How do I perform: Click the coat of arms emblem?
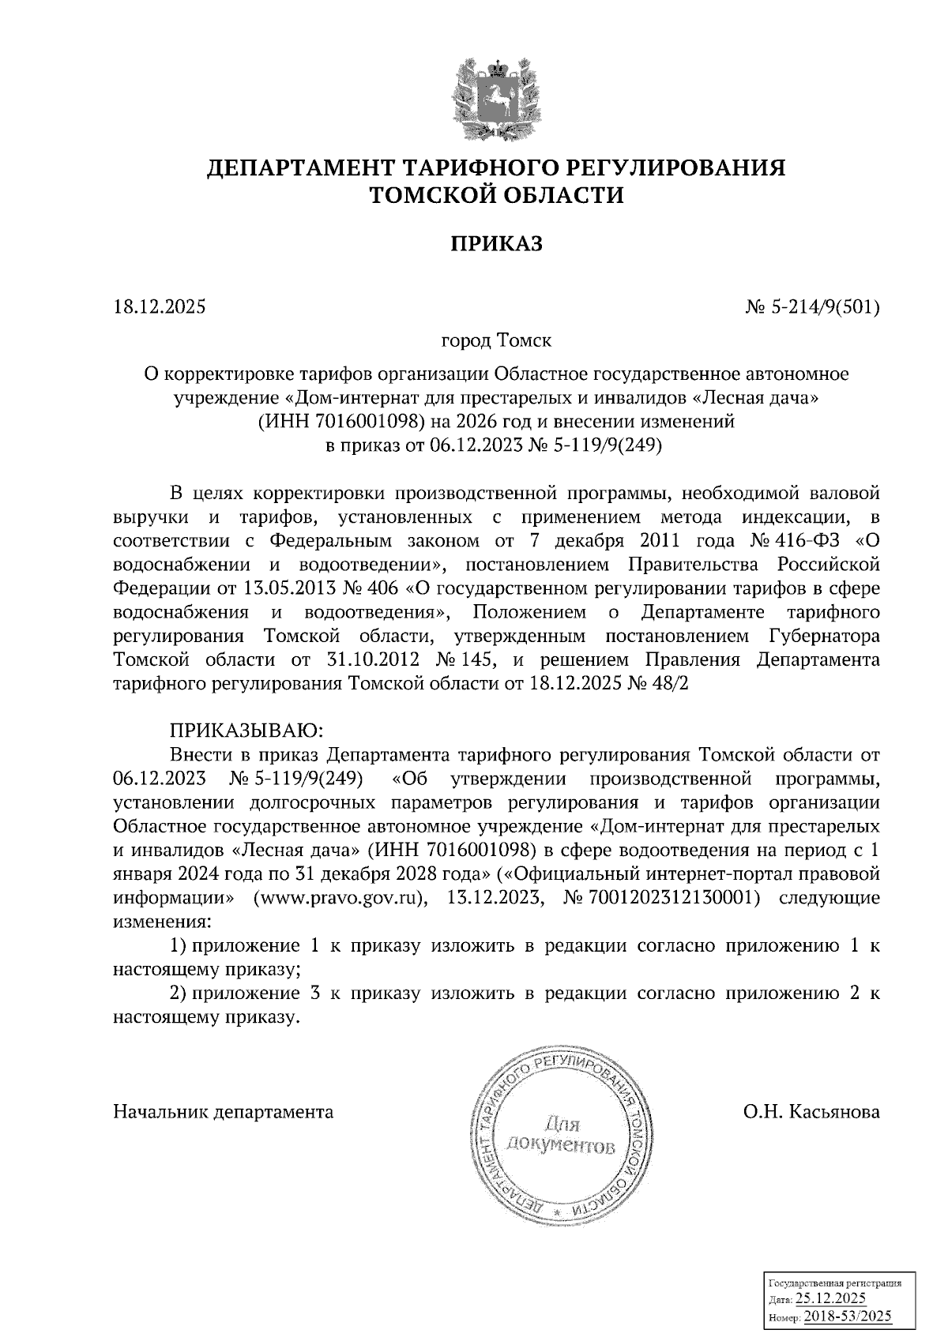[496, 99]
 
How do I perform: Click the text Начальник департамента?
[224, 1112]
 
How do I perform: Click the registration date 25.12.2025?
[831, 1298]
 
